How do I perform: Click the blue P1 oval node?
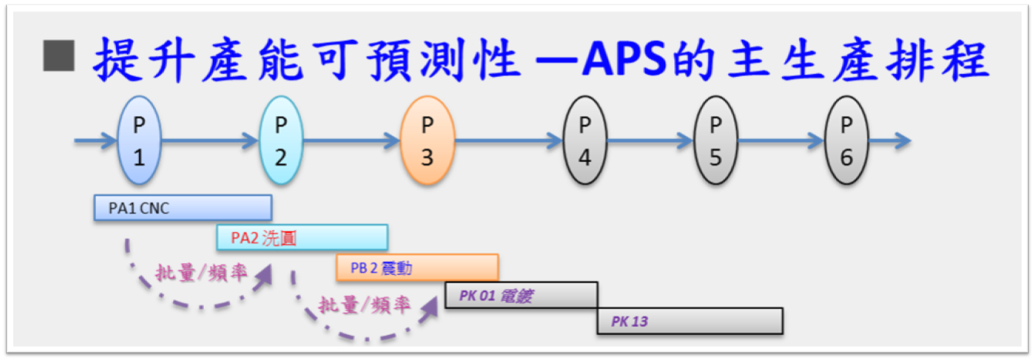(140, 140)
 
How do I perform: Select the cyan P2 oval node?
(281, 140)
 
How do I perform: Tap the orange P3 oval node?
(427, 140)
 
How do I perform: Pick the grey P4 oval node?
(585, 140)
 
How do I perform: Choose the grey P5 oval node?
(715, 140)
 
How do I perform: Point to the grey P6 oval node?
(846, 140)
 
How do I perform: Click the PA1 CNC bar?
(183, 208)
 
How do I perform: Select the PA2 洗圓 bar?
(302, 238)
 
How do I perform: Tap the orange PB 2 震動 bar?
(418, 268)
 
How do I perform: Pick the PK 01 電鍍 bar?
(521, 296)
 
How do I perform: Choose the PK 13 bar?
(690, 322)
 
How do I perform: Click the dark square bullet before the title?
(58, 56)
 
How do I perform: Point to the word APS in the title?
(624, 59)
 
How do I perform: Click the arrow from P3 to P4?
(509, 140)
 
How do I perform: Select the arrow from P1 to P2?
(210, 140)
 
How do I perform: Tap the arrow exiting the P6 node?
(890, 140)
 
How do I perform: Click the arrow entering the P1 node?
(96, 140)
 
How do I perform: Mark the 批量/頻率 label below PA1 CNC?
(201, 273)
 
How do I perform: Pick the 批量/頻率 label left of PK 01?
(364, 305)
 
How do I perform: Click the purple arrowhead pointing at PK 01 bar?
(429, 308)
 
